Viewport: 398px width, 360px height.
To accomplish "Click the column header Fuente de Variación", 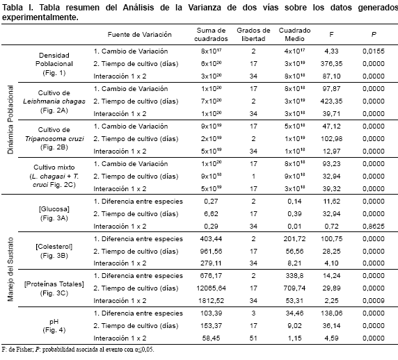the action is click(140, 35).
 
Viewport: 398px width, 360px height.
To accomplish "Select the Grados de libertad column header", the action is click(253, 35).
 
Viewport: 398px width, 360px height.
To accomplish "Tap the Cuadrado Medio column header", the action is click(294, 35).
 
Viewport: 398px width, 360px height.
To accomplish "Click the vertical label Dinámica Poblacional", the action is click(10, 120).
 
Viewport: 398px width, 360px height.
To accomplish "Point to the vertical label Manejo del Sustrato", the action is click(10, 269).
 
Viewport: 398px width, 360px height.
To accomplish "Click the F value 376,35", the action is click(331, 64).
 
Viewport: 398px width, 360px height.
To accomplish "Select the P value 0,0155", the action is click(374, 51).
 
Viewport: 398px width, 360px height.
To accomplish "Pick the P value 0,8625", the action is click(374, 226).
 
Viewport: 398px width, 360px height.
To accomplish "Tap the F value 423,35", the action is click(331, 101).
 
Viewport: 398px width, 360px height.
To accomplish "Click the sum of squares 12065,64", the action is click(212, 288).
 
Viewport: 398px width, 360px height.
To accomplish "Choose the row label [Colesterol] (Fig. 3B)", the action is click(54, 251).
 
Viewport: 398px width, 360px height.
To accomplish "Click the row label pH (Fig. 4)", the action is click(54, 326).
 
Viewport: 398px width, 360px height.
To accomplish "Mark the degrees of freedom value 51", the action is click(253, 338).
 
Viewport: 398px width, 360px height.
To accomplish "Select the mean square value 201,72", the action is click(294, 239).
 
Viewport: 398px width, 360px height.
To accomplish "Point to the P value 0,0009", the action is click(374, 301).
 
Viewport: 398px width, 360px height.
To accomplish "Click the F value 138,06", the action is click(331, 313).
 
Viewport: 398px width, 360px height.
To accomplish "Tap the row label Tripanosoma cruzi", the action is click(54, 139).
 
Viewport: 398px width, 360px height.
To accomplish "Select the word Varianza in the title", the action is click(205, 8).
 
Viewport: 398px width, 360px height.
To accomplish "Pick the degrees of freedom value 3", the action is click(253, 313).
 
